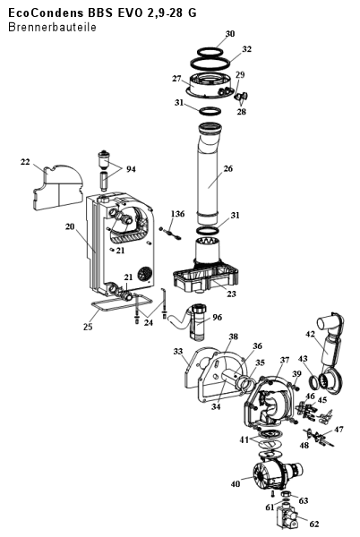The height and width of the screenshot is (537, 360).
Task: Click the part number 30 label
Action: pyautogui.click(x=230, y=34)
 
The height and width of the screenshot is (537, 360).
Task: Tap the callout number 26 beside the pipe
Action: pyautogui.click(x=227, y=168)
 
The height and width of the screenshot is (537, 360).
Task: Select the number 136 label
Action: pyautogui.click(x=177, y=214)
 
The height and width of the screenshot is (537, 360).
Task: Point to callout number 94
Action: pyautogui.click(x=131, y=169)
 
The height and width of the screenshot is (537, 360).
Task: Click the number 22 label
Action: pyautogui.click(x=25, y=162)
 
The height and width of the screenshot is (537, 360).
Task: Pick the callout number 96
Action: pyautogui.click(x=218, y=317)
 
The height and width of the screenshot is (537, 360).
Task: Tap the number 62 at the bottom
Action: pyautogui.click(x=313, y=524)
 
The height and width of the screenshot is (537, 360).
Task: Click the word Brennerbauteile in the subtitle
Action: pyautogui.click(x=52, y=27)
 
